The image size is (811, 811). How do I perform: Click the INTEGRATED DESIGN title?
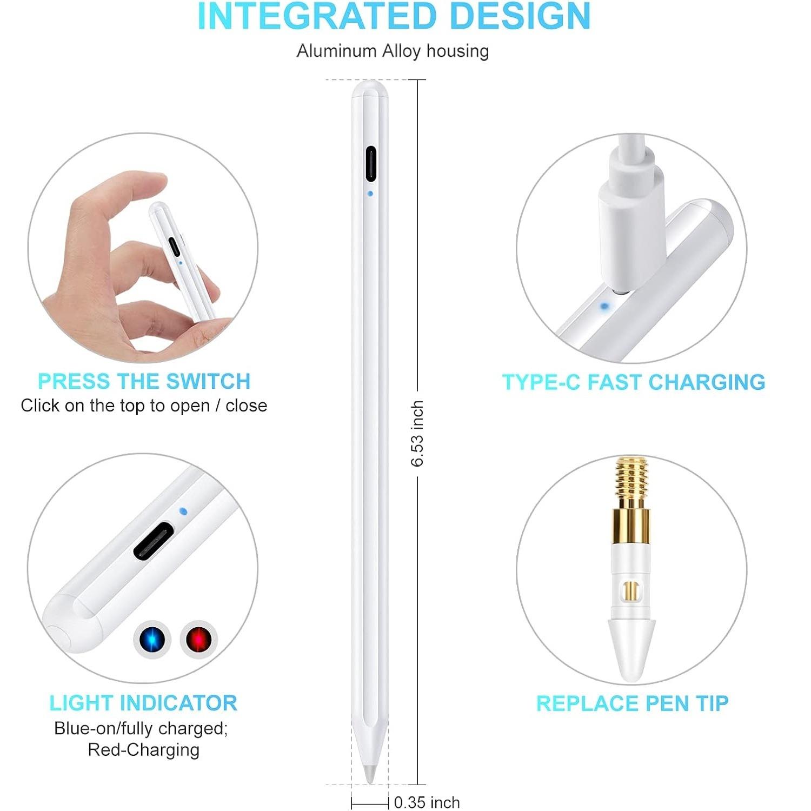[x=394, y=16]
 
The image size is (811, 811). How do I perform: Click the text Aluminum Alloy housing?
[x=393, y=51]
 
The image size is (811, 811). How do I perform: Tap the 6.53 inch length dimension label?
[x=417, y=434]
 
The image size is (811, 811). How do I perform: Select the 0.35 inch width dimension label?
[x=427, y=802]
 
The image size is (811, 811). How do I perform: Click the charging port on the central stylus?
[x=370, y=163]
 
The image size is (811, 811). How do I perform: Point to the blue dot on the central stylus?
[x=370, y=193]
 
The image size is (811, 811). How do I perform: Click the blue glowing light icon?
[x=152, y=640]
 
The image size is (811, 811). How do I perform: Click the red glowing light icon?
[x=198, y=640]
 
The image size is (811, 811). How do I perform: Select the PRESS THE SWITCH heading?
[x=144, y=381]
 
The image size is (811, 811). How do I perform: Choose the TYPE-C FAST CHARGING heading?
[x=634, y=382]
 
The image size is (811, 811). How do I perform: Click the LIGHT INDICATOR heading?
[x=143, y=703]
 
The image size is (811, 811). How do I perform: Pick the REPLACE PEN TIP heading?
[x=632, y=703]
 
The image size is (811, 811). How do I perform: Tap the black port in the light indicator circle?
[x=154, y=541]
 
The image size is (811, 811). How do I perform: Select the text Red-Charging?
[x=143, y=750]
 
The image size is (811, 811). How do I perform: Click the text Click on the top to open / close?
[x=144, y=405]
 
